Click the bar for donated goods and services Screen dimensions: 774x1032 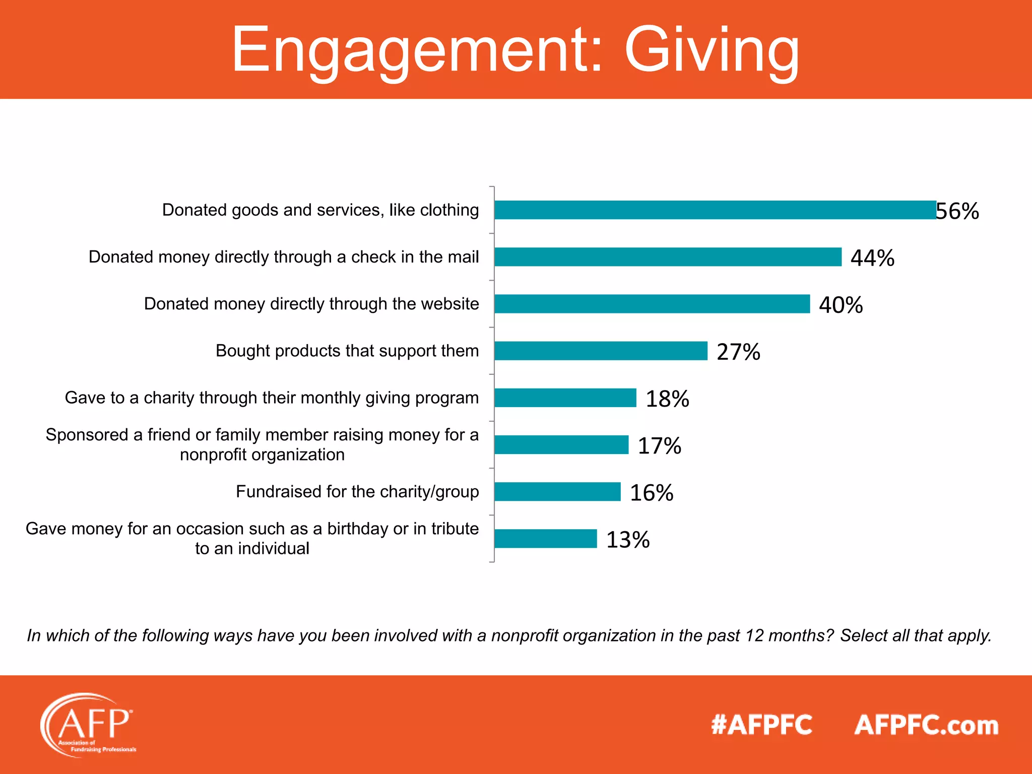(x=715, y=210)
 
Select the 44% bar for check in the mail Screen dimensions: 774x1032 (x=668, y=256)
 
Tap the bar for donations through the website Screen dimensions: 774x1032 (x=652, y=304)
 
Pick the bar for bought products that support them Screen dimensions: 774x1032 (x=601, y=351)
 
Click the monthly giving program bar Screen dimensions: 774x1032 (x=565, y=398)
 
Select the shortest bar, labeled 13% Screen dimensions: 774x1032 (x=545, y=539)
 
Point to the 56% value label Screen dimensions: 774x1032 (x=957, y=211)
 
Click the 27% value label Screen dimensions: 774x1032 (x=738, y=352)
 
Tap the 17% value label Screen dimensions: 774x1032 (x=659, y=446)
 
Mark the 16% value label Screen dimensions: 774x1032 (x=652, y=493)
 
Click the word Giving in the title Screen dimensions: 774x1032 (x=712, y=50)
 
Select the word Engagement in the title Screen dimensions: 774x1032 (x=416, y=50)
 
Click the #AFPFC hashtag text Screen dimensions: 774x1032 (x=761, y=725)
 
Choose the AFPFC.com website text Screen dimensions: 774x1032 (x=926, y=725)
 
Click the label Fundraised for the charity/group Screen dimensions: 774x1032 (x=357, y=491)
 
